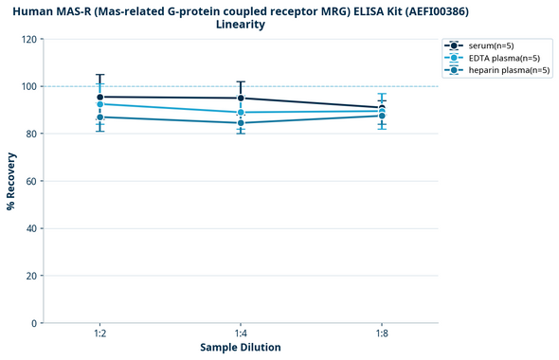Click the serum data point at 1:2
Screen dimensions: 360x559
[99, 97]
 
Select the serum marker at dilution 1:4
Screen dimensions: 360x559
[241, 98]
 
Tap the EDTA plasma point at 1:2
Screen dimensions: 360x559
[99, 104]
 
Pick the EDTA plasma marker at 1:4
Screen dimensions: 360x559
[241, 113]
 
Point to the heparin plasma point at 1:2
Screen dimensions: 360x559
[99, 117]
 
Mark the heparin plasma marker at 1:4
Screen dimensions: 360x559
[241, 123]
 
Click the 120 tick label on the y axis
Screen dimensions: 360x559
[28, 40]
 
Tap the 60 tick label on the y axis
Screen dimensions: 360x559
[31, 181]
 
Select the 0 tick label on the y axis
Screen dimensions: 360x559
[34, 323]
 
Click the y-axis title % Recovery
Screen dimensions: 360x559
[11, 180]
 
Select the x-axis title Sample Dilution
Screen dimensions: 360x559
[241, 348]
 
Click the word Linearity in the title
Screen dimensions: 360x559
[241, 25]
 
